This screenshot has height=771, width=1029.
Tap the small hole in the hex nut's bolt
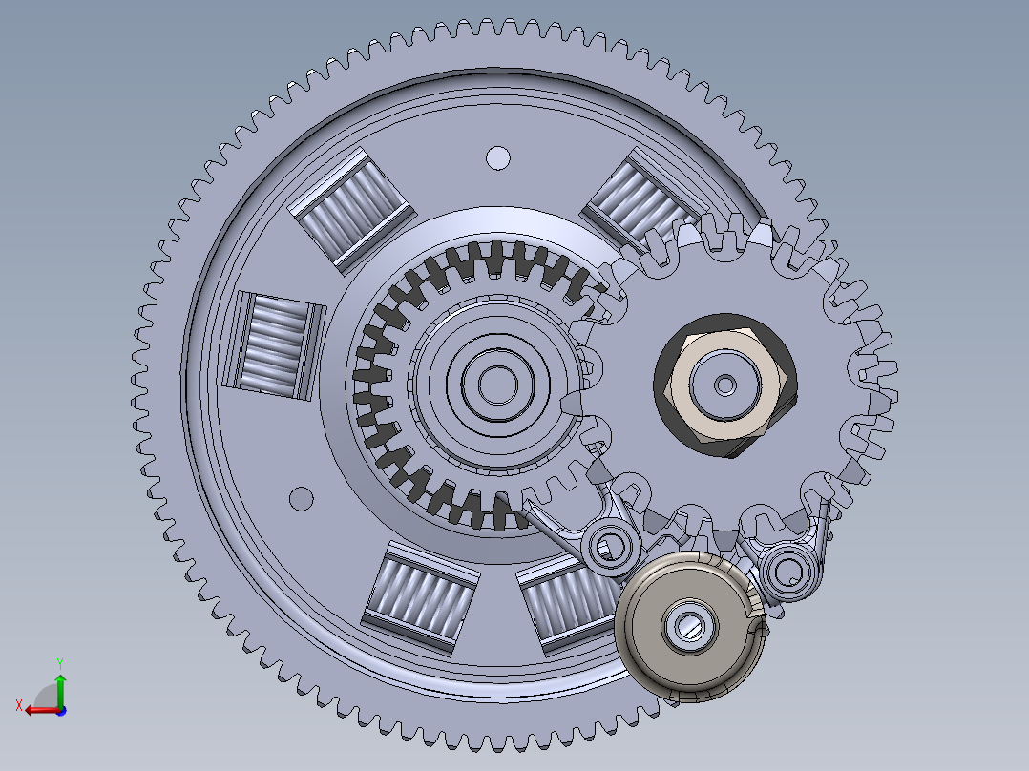(726, 385)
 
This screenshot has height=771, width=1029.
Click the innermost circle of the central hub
(494, 385)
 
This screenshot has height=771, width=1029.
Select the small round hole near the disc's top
(497, 157)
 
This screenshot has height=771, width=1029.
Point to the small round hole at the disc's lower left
(301, 498)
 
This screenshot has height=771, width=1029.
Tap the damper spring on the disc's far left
(274, 343)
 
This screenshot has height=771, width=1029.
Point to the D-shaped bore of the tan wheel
(690, 626)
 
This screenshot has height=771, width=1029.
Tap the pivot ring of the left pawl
(608, 547)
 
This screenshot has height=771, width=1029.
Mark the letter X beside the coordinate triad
(18, 705)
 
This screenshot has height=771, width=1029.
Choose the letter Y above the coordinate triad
(59, 662)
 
